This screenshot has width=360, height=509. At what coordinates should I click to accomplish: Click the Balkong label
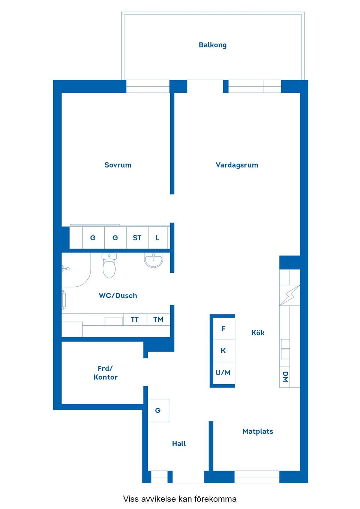pos(212,45)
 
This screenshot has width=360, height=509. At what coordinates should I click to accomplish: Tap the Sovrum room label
pos(118,165)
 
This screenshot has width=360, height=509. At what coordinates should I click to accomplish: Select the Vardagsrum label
pos(237,165)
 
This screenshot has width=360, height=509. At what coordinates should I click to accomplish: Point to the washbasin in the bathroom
pos(154,260)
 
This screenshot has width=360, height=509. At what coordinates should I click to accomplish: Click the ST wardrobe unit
pos(137,238)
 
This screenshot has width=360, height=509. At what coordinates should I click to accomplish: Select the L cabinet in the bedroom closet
pos(157,238)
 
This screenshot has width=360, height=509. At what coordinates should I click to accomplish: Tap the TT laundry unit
pos(135,319)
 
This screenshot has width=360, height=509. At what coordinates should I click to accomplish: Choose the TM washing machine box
pos(158,319)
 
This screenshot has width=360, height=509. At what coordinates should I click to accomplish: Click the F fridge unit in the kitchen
pos(223,329)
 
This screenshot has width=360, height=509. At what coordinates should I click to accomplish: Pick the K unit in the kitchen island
pos(223,350)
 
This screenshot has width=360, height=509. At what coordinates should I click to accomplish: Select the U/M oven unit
pos(223,373)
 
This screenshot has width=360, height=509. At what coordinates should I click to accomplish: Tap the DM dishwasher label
pos(285,377)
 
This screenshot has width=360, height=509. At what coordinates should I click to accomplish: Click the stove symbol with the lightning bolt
pos(290,295)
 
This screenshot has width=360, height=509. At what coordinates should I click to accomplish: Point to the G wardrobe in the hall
pos(158,410)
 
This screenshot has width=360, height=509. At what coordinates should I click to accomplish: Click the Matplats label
pos(258,431)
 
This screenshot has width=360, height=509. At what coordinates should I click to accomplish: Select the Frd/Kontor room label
pos(105,373)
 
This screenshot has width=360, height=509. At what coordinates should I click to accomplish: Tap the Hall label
pos(179,443)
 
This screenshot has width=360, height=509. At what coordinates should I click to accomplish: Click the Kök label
pos(258,332)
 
